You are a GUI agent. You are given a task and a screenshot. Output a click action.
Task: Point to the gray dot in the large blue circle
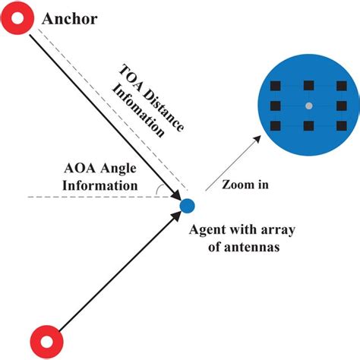pyautogui.click(x=308, y=105)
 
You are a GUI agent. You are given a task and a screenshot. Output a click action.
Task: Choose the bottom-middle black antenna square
pyautogui.click(x=308, y=125)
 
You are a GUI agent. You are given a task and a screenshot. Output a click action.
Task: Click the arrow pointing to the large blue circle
pyautogui.click(x=235, y=159)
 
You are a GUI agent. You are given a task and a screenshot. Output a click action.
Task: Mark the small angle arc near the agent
pyautogui.click(x=158, y=188)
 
